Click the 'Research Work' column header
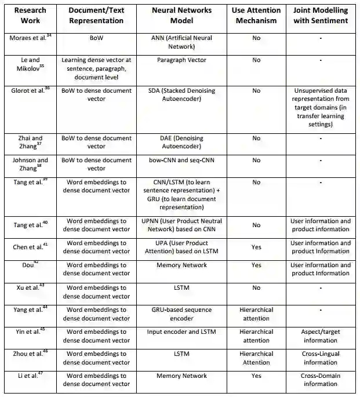tap(30, 16)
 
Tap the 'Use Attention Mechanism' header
tap(256, 16)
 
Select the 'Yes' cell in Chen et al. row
tap(256, 247)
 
